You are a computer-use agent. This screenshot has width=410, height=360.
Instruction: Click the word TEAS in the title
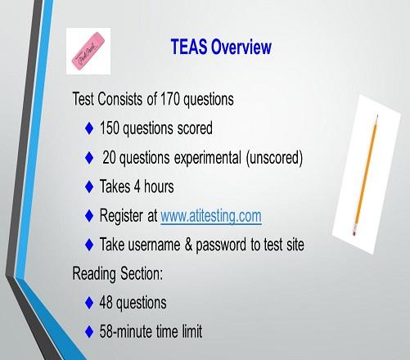pyautogui.click(x=188, y=47)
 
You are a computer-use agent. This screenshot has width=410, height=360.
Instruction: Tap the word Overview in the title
pyautogui.click(x=241, y=47)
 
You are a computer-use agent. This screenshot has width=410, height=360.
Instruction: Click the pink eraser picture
pyautogui.click(x=88, y=51)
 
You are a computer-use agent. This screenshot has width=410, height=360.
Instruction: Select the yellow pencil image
pyautogui.click(x=366, y=174)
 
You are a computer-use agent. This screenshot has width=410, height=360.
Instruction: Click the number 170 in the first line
pyautogui.click(x=170, y=99)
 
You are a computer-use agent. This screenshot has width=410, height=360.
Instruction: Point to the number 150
pyautogui.click(x=110, y=128)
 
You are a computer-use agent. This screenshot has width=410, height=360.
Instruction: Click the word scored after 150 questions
pyautogui.click(x=195, y=128)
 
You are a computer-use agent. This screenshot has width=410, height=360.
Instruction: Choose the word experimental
pyautogui.click(x=208, y=158)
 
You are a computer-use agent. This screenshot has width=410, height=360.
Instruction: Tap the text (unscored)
pyautogui.click(x=274, y=158)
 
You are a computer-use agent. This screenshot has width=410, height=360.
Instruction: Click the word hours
pyautogui.click(x=159, y=187)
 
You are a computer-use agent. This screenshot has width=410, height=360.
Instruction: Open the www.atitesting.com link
pyautogui.click(x=211, y=216)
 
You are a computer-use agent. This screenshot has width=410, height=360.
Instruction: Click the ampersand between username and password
pyautogui.click(x=188, y=245)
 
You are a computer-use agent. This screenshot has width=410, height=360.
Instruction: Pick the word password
pyautogui.click(x=221, y=245)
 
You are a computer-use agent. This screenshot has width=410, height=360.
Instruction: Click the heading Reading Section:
pyautogui.click(x=118, y=274)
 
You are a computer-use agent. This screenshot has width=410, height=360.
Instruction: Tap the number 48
pyautogui.click(x=106, y=302)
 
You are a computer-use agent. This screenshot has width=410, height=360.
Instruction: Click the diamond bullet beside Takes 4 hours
pyautogui.click(x=89, y=187)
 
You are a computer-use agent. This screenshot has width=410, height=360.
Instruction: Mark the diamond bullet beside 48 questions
pyautogui.click(x=89, y=303)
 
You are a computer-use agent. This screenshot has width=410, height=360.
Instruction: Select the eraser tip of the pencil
pyautogui.click(x=354, y=232)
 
